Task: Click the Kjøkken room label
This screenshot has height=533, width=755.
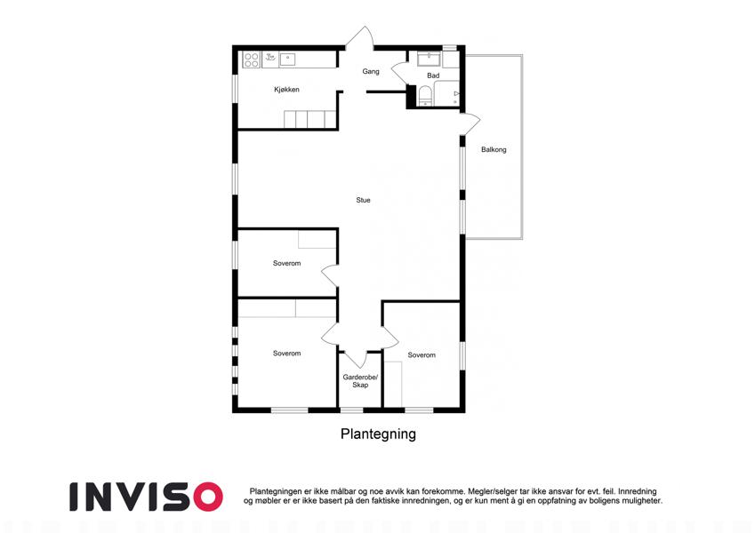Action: click(286, 90)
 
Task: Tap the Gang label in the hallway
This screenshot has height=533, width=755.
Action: click(371, 71)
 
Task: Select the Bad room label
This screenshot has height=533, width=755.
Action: click(433, 76)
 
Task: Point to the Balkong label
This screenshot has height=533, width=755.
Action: click(494, 149)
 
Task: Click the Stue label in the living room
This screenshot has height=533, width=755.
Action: click(363, 200)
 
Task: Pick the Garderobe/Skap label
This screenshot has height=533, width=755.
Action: click(360, 381)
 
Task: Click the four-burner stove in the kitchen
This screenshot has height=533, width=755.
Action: click(252, 60)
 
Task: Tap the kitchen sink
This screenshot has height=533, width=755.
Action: click(287, 60)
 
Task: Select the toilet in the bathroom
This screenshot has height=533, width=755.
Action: click(425, 95)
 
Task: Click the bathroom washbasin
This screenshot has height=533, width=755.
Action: click(429, 59)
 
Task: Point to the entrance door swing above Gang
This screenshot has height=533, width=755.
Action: click(359, 38)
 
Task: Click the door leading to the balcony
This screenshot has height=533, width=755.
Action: click(470, 124)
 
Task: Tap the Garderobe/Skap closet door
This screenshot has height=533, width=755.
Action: click(357, 358)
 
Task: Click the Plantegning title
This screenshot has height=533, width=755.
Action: click(378, 434)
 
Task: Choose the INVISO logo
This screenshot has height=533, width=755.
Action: click(147, 497)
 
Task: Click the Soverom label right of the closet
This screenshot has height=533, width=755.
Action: click(422, 355)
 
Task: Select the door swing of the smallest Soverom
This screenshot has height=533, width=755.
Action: click(330, 275)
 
